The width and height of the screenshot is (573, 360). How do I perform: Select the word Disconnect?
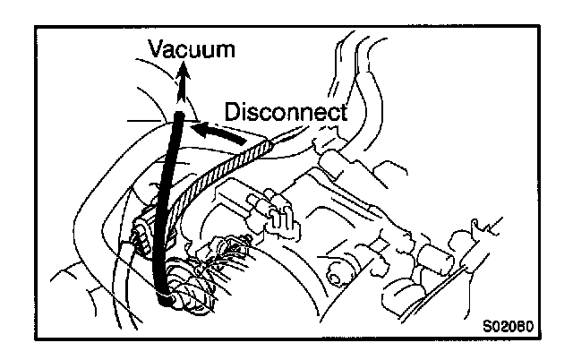[285, 113]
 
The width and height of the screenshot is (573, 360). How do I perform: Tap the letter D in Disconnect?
[232, 113]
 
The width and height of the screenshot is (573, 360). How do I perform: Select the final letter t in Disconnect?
[341, 113]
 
